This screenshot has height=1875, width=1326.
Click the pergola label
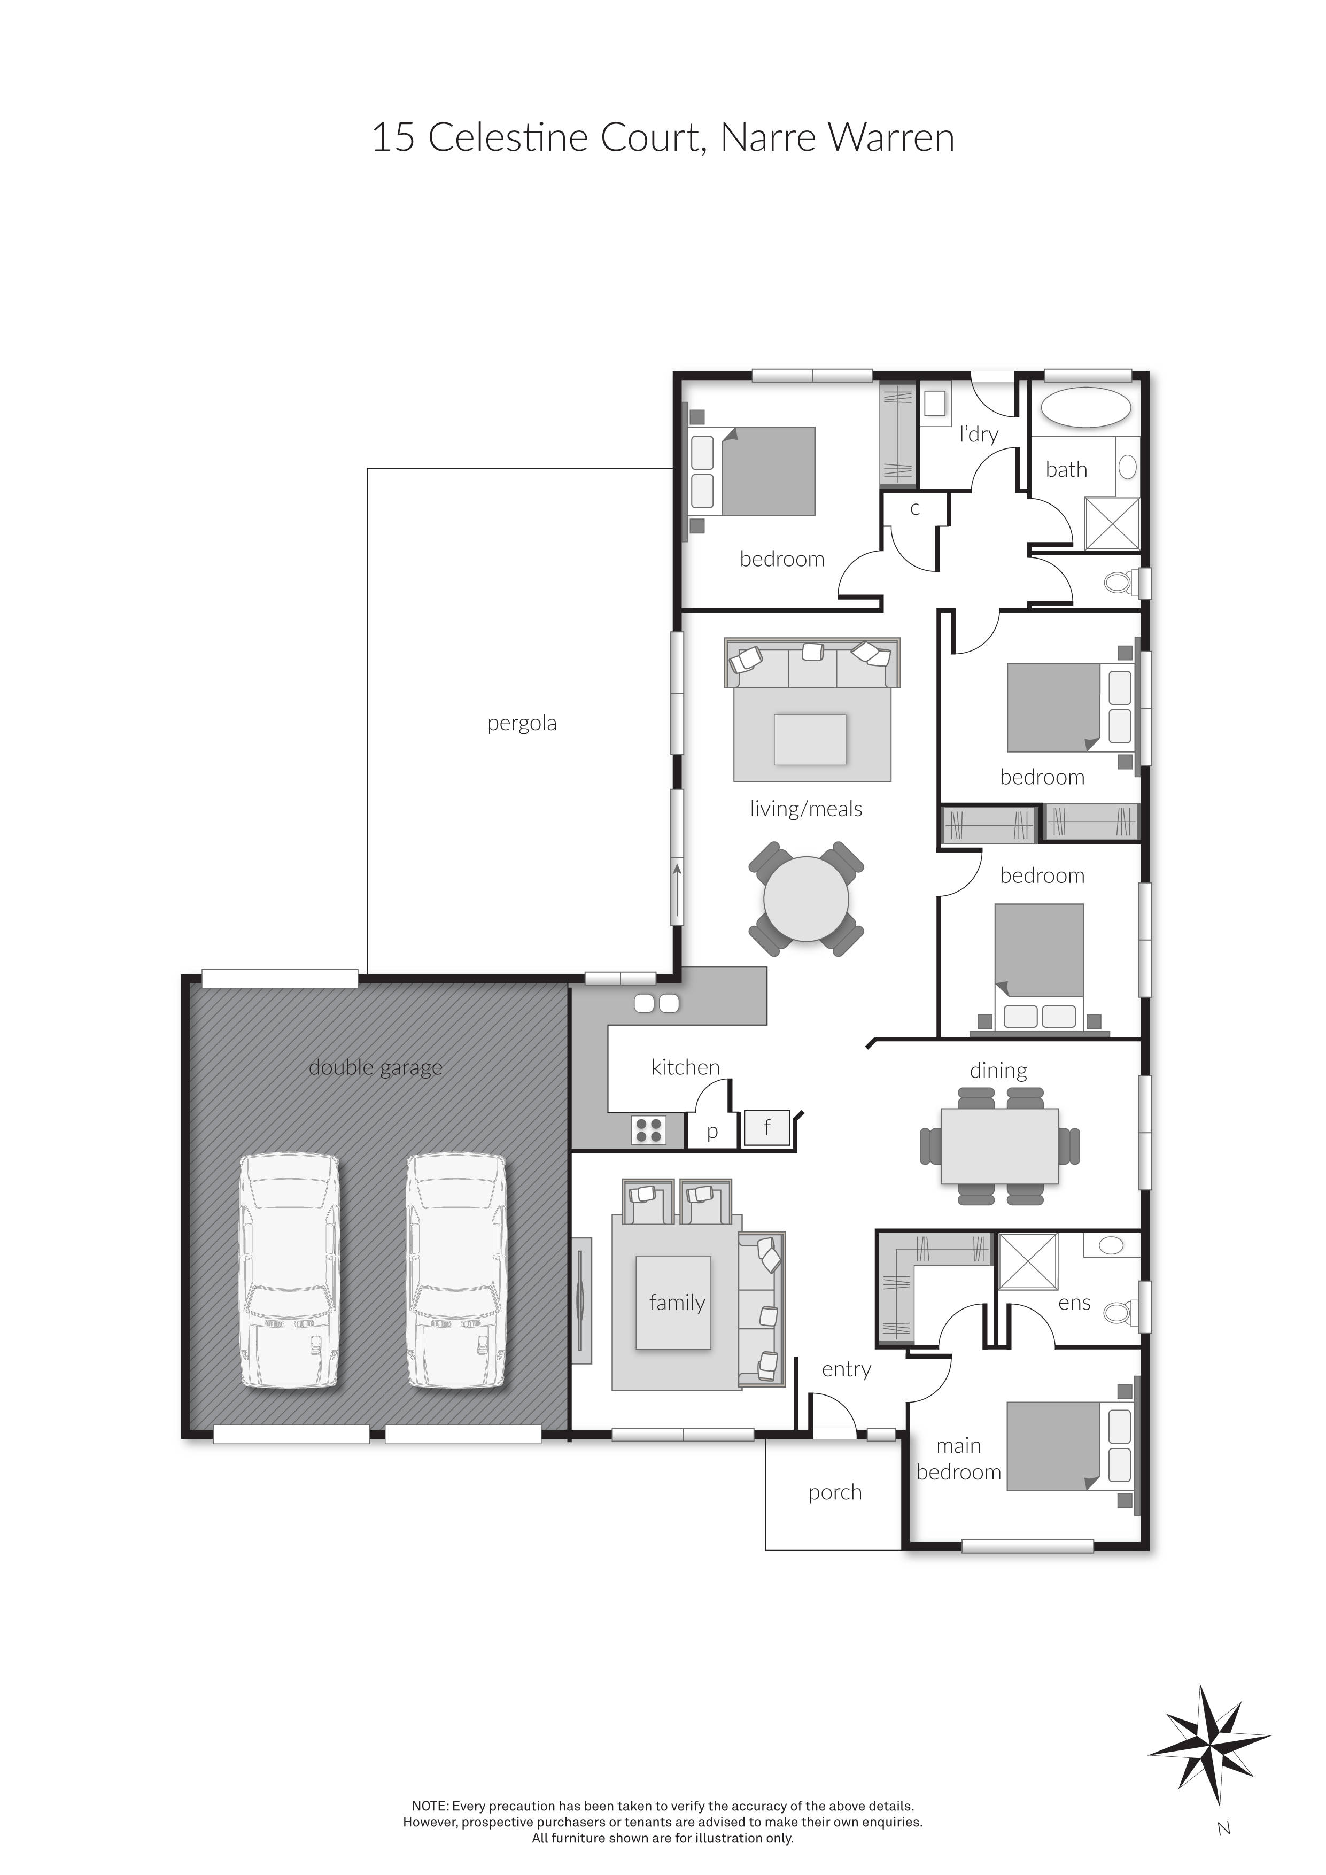(x=522, y=724)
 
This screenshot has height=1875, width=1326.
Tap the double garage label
(x=376, y=1067)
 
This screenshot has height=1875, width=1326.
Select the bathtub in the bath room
(x=1086, y=407)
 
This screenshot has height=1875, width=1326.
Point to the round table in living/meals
(x=806, y=898)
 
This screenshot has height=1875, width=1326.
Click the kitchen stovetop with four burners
(x=648, y=1130)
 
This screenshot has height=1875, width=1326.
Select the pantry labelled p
(x=711, y=1132)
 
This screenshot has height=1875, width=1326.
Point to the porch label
(x=834, y=1492)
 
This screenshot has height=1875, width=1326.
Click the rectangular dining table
(x=999, y=1146)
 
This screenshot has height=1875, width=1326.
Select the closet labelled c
(x=914, y=509)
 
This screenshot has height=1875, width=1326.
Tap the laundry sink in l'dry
(x=934, y=404)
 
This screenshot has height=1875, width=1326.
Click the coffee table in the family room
(x=673, y=1303)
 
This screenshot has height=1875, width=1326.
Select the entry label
(x=846, y=1369)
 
